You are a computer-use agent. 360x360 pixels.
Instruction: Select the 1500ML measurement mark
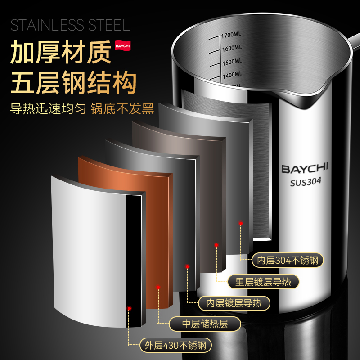point(231,62)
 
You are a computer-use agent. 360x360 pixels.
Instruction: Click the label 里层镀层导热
point(263,282)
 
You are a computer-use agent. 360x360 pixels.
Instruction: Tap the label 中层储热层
point(205,324)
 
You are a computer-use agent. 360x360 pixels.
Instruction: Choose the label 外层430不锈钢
point(175,345)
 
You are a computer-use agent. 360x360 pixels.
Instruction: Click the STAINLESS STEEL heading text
point(70,25)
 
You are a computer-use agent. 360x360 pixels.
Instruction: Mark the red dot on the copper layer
point(158,286)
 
